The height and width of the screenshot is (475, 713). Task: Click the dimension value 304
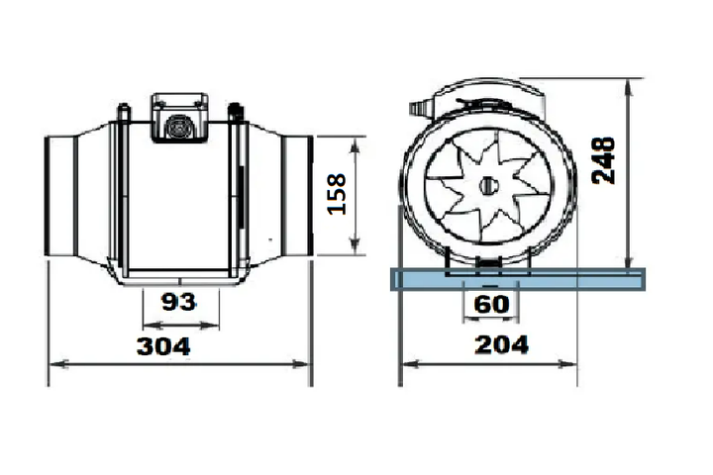point(163,346)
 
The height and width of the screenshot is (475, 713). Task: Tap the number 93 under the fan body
point(178,302)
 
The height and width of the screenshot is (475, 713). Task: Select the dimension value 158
point(337,194)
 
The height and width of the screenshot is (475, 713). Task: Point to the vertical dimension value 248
point(604,160)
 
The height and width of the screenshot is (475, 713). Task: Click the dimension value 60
point(491,304)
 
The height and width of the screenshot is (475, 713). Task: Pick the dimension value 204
point(502,345)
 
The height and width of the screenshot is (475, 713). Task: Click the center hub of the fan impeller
point(488,185)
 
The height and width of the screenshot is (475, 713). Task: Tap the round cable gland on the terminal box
point(177,127)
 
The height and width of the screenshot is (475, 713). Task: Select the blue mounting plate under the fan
point(518,279)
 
